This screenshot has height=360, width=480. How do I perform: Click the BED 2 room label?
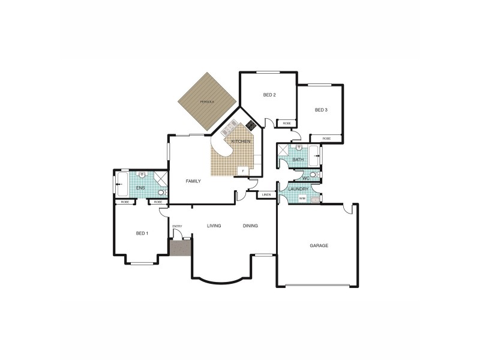point(269,95)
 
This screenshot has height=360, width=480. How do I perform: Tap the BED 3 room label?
point(321,110)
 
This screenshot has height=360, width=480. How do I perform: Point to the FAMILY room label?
point(193,181)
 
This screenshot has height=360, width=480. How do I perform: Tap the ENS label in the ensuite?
point(140,188)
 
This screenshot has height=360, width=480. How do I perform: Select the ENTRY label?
point(177,226)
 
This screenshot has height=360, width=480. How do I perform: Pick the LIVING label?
point(214,226)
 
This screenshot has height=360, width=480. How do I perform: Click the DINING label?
point(251,226)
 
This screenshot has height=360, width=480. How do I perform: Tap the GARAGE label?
point(319,246)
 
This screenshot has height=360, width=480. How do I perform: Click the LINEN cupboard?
point(266,194)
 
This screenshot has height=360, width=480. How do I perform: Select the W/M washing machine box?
point(302,197)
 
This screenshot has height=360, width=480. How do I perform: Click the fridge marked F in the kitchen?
point(243,170)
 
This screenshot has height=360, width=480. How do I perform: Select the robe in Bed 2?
point(286,123)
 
